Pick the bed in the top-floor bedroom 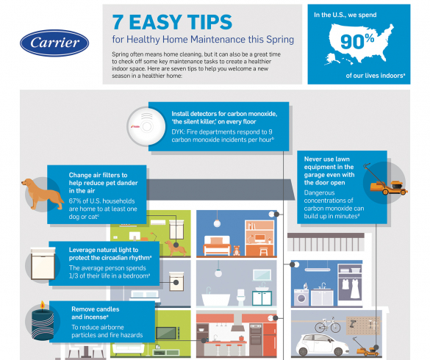pos(220,240)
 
